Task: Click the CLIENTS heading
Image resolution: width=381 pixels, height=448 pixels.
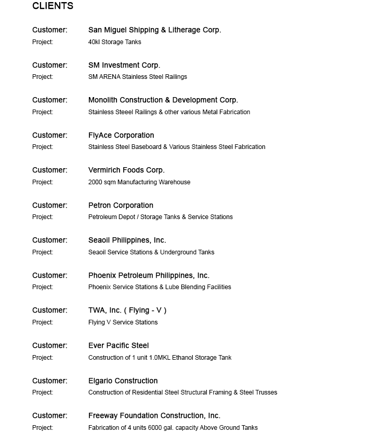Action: click(x=52, y=6)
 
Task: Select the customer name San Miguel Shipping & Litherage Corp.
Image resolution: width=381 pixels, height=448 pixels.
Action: click(x=154, y=30)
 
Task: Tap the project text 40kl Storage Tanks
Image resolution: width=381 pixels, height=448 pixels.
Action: click(x=114, y=42)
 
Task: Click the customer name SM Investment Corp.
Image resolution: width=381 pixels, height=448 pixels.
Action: click(x=124, y=65)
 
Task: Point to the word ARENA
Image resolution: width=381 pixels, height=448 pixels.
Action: click(x=110, y=77)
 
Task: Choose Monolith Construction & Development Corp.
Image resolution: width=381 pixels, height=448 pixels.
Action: click(x=163, y=100)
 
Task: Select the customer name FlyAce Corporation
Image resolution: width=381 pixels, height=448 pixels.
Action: click(x=121, y=135)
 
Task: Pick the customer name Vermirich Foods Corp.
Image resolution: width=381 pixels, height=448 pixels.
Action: click(x=126, y=170)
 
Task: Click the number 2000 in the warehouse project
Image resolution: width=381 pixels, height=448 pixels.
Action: click(x=96, y=182)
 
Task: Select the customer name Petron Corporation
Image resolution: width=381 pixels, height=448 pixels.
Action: click(x=121, y=206)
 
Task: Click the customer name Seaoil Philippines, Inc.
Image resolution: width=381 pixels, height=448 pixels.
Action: click(x=127, y=240)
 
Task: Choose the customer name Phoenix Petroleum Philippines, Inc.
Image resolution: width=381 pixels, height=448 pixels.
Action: click(x=149, y=276)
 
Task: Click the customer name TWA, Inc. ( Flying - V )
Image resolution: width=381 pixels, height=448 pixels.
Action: click(x=127, y=310)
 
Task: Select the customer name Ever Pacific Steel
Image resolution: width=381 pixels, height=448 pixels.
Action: click(x=119, y=346)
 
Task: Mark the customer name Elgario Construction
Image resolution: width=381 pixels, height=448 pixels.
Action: click(x=123, y=381)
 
